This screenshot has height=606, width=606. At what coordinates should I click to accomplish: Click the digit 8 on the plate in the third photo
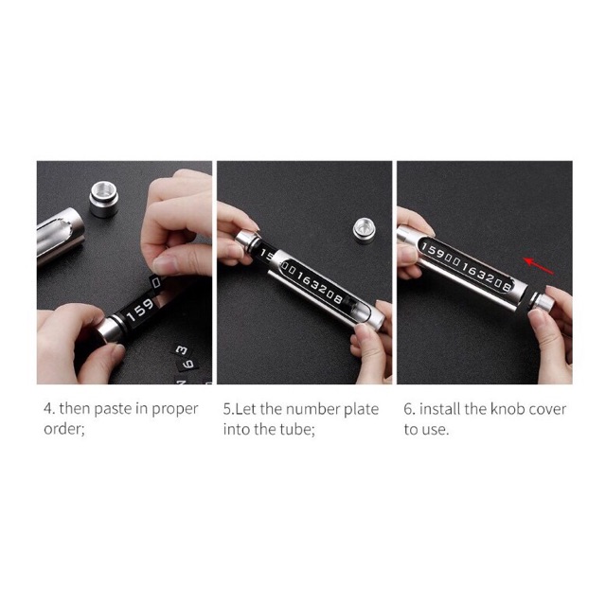point(507,286)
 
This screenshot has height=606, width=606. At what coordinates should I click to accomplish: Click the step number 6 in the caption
point(408,409)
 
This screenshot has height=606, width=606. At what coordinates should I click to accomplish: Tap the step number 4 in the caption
point(48,409)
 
